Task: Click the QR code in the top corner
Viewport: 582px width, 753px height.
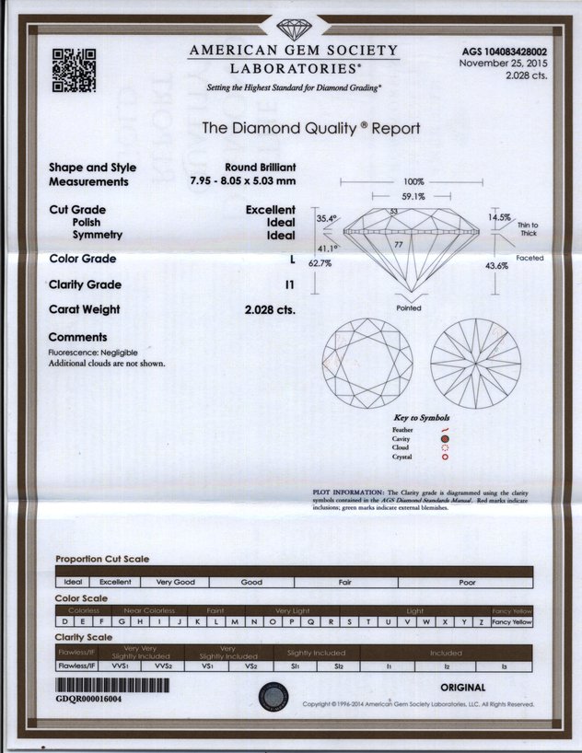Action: [x=74, y=69]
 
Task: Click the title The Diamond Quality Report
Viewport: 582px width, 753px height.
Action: [x=310, y=129]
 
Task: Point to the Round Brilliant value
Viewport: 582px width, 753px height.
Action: [x=260, y=168]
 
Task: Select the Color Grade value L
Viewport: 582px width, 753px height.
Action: [x=291, y=260]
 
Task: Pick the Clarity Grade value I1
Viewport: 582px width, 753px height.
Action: [x=290, y=284]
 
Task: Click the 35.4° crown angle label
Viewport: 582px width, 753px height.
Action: [x=327, y=219]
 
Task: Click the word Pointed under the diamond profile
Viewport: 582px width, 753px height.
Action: [x=408, y=308]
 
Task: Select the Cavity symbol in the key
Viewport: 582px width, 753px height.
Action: [x=445, y=439]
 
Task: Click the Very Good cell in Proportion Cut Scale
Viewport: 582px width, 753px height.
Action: [x=175, y=583]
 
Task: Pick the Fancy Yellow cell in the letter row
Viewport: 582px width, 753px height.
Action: [x=512, y=622]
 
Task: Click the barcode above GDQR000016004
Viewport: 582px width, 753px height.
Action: [x=113, y=686]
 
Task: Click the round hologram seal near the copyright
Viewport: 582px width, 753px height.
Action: [x=273, y=696]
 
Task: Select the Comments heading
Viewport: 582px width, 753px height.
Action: [x=77, y=338]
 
